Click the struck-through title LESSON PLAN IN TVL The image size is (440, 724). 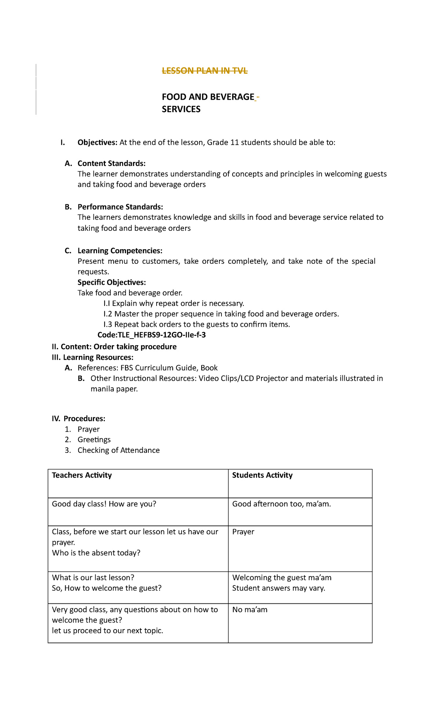(205, 71)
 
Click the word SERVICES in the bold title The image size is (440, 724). (181, 109)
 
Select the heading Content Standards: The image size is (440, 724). (111, 163)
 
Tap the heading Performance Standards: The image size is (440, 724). (120, 207)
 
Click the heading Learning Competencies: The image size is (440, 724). (120, 251)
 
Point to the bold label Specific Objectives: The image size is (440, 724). (111, 282)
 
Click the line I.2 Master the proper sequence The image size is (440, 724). (221, 314)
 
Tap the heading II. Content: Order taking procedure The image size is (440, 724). (114, 347)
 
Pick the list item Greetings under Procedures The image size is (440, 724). (94, 440)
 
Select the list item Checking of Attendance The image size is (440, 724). (118, 450)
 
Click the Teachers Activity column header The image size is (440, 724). (82, 475)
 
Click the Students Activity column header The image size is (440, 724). (262, 475)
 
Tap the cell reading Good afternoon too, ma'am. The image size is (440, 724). (281, 504)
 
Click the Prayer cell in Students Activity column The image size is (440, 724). (243, 532)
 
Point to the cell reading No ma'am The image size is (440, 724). (250, 610)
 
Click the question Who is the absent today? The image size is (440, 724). (96, 553)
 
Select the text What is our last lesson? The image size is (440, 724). (93, 578)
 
